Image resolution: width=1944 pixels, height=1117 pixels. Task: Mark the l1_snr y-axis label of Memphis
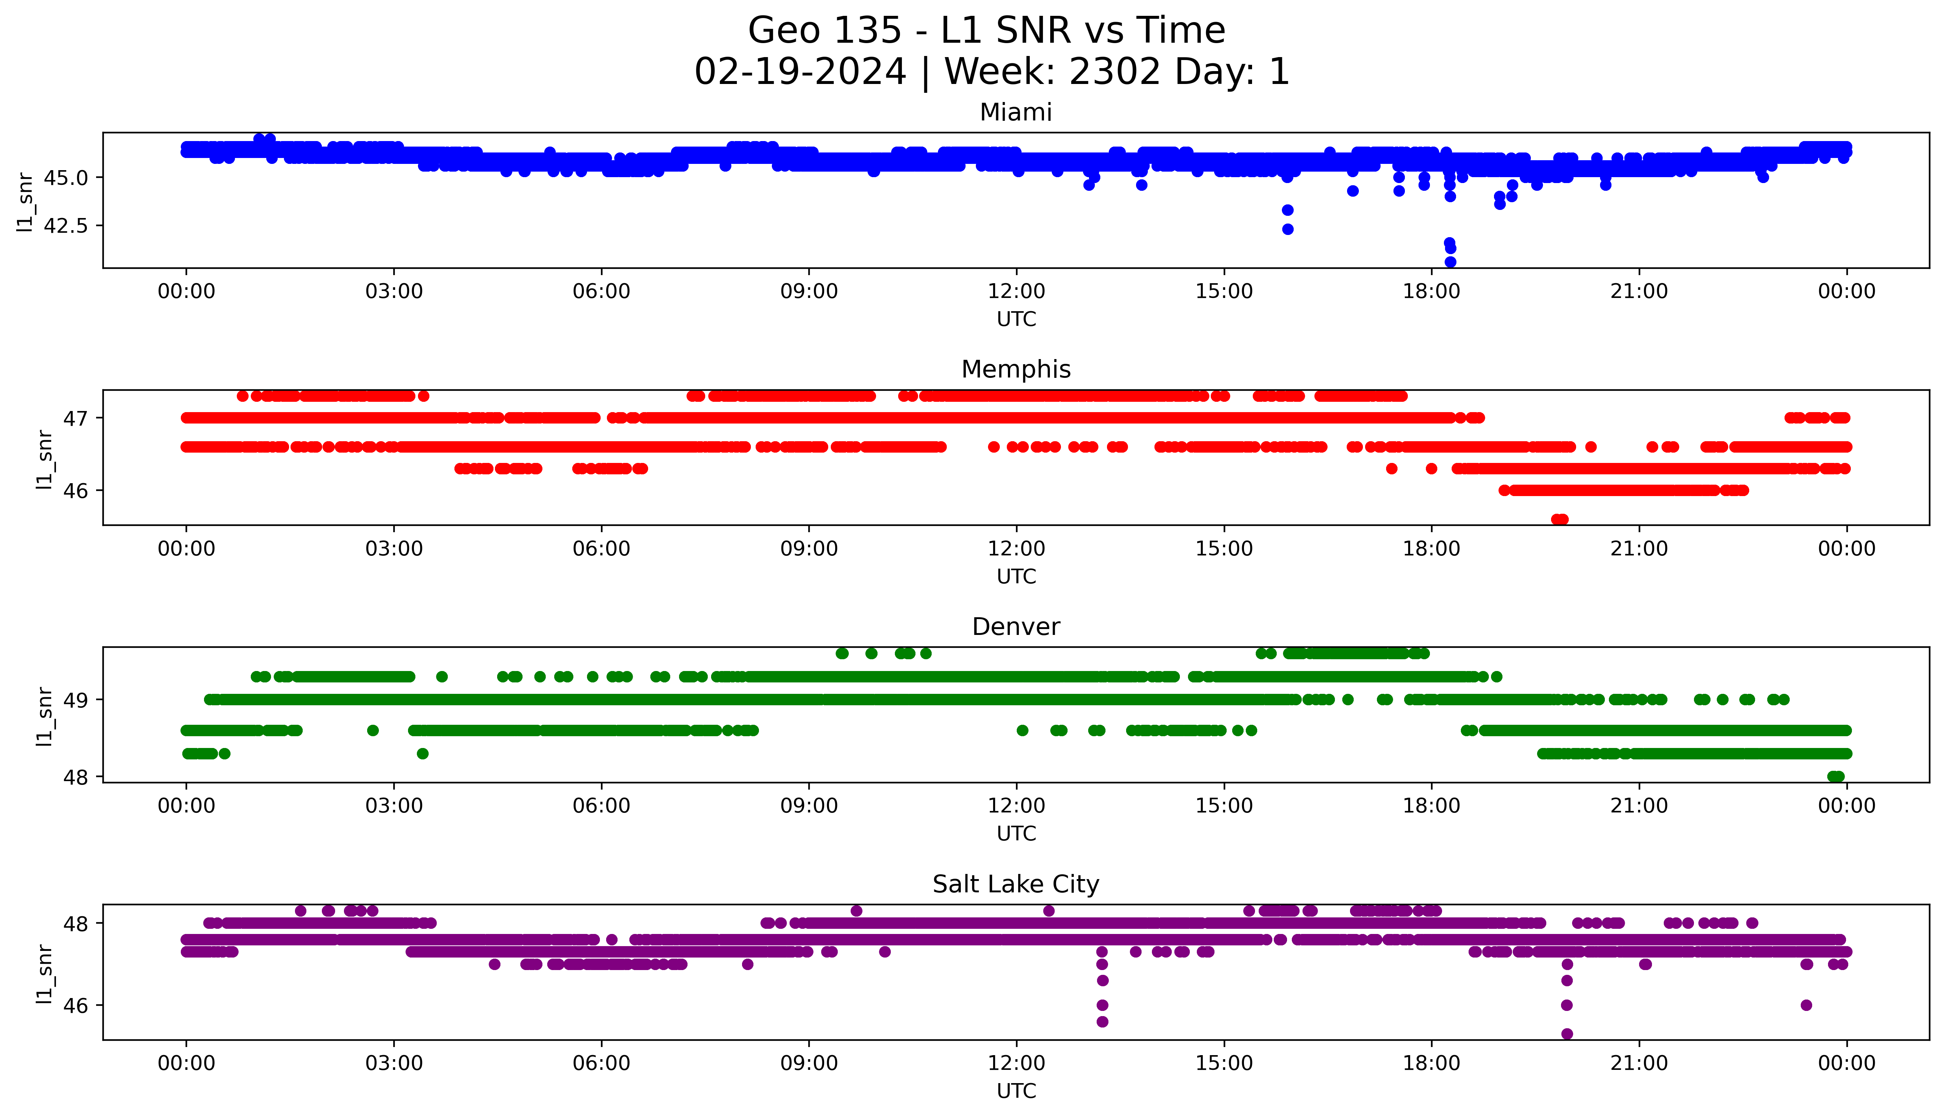click(x=45, y=459)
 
